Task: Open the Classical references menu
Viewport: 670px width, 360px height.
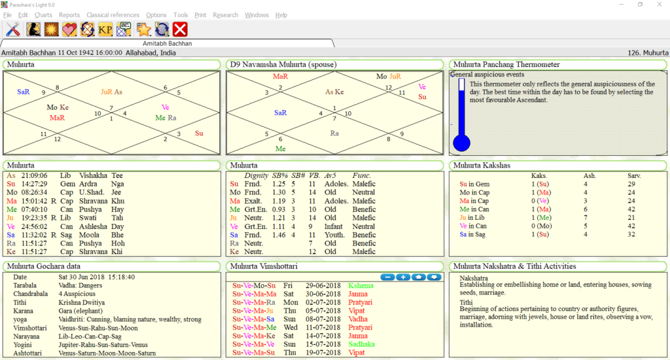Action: coord(113,15)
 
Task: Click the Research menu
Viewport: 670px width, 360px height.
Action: coord(225,15)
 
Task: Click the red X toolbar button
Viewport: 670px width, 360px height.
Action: coord(180,29)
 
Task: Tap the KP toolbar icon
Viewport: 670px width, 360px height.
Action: coord(105,29)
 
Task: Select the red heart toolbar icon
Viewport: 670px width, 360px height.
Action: coord(69,29)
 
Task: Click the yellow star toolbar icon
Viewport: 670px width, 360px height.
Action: coord(143,29)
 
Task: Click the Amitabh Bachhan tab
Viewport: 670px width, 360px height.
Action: coord(167,44)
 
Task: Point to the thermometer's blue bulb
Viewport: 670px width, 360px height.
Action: coord(461,143)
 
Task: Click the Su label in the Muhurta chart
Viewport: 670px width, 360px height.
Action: coord(199,134)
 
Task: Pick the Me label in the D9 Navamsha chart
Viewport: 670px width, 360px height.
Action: coord(280,149)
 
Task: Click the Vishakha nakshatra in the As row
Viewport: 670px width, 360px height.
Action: coord(93,175)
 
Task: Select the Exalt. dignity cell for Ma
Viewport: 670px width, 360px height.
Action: coord(253,201)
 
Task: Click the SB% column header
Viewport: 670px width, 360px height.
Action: coord(279,175)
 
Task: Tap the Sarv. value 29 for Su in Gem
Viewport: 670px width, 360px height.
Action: coord(631,185)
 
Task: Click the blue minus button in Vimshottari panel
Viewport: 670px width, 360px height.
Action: coord(387,277)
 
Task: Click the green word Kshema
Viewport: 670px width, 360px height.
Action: coord(361,285)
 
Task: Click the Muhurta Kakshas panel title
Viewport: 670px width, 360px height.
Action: coord(482,166)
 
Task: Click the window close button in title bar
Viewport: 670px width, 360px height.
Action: coord(660,5)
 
